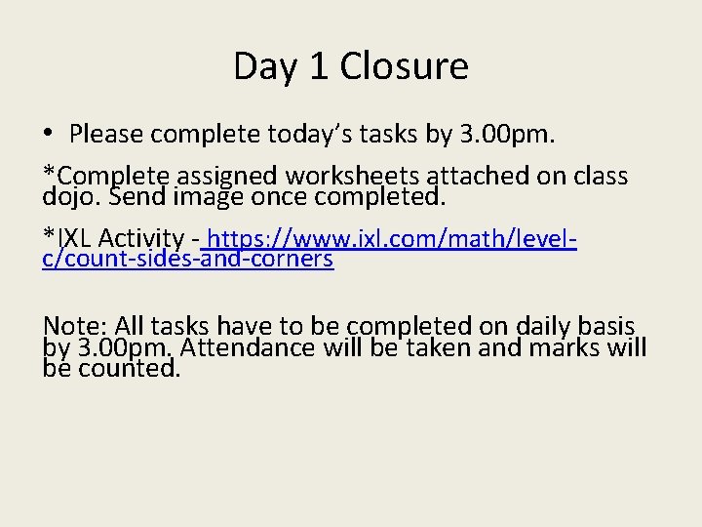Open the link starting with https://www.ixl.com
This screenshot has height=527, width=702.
point(390,237)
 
